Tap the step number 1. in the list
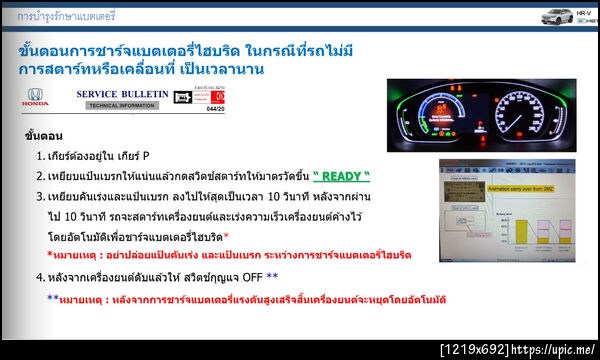(41, 157)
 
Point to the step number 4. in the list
(41, 277)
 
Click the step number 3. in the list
(41, 194)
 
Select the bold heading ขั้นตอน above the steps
(44, 136)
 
